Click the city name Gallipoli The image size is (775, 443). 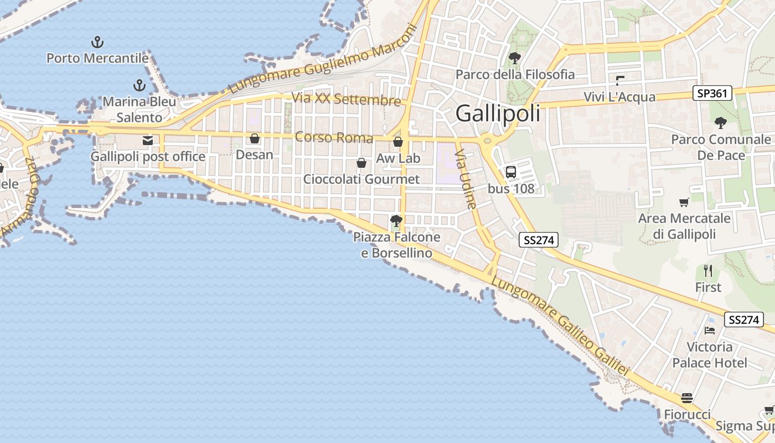coord(498,114)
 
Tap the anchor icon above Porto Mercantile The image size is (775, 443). coord(97,42)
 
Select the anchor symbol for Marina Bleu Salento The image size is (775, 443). coord(139,85)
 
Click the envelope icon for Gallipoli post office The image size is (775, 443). coord(148,141)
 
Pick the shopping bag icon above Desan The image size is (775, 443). coord(255,138)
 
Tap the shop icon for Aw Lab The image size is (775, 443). coord(398,142)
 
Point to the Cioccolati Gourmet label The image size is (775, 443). coord(361,179)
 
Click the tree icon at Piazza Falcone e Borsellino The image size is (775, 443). coord(396,221)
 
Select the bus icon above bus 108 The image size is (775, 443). coord(510,172)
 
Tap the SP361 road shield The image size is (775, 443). coord(712,94)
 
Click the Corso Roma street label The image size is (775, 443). coord(334,137)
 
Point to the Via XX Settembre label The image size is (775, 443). coord(346,100)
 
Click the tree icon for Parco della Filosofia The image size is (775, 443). coord(515,58)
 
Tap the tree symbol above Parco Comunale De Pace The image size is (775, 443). coord(720,123)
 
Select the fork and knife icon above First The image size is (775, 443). coord(708,271)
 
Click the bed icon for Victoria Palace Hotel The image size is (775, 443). coord(709,331)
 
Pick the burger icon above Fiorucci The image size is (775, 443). coord(687,398)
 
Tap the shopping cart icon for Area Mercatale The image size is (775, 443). coord(684,203)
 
